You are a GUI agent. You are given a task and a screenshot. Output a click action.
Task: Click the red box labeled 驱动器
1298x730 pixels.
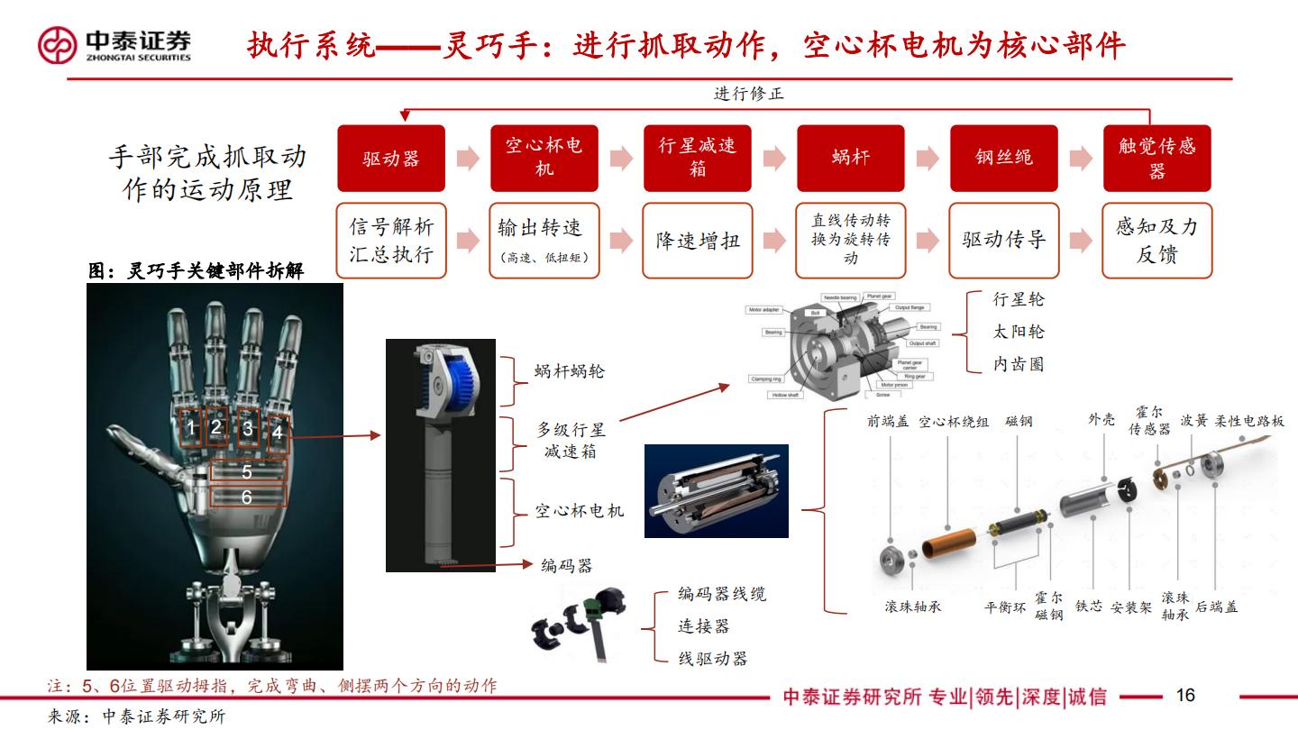coord(391,159)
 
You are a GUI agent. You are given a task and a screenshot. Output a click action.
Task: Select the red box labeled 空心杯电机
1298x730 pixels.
coord(544,159)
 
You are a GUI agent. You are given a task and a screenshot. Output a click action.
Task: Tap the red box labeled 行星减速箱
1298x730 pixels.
coord(697,159)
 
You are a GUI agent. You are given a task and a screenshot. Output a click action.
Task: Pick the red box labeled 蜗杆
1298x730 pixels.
coord(850,159)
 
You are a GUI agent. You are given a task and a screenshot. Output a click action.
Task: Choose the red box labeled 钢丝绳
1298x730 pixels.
coord(1003,159)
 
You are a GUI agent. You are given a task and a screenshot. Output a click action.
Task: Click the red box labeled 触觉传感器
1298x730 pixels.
coord(1156,159)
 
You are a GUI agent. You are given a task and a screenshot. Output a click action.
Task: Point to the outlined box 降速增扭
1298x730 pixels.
coord(697,241)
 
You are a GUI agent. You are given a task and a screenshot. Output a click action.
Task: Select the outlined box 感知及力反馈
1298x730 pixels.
coord(1156,241)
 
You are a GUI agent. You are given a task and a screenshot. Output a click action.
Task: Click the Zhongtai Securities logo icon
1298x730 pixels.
coord(58,45)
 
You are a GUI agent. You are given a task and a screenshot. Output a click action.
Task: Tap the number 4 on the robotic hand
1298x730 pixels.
coord(278,433)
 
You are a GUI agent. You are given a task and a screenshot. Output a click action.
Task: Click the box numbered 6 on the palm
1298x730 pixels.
coord(247,497)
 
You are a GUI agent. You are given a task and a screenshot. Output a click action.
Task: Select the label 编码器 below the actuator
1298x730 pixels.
coord(567,566)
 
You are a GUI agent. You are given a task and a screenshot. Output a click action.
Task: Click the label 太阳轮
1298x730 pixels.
coord(1019,332)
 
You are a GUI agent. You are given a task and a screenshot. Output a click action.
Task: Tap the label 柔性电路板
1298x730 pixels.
coord(1249,421)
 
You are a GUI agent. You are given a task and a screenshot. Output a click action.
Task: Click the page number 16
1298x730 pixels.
coord(1185,695)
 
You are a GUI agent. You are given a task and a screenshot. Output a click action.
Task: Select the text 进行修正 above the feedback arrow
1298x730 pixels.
coord(749,94)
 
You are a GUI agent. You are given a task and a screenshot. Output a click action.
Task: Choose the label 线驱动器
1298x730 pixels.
coord(712,659)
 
